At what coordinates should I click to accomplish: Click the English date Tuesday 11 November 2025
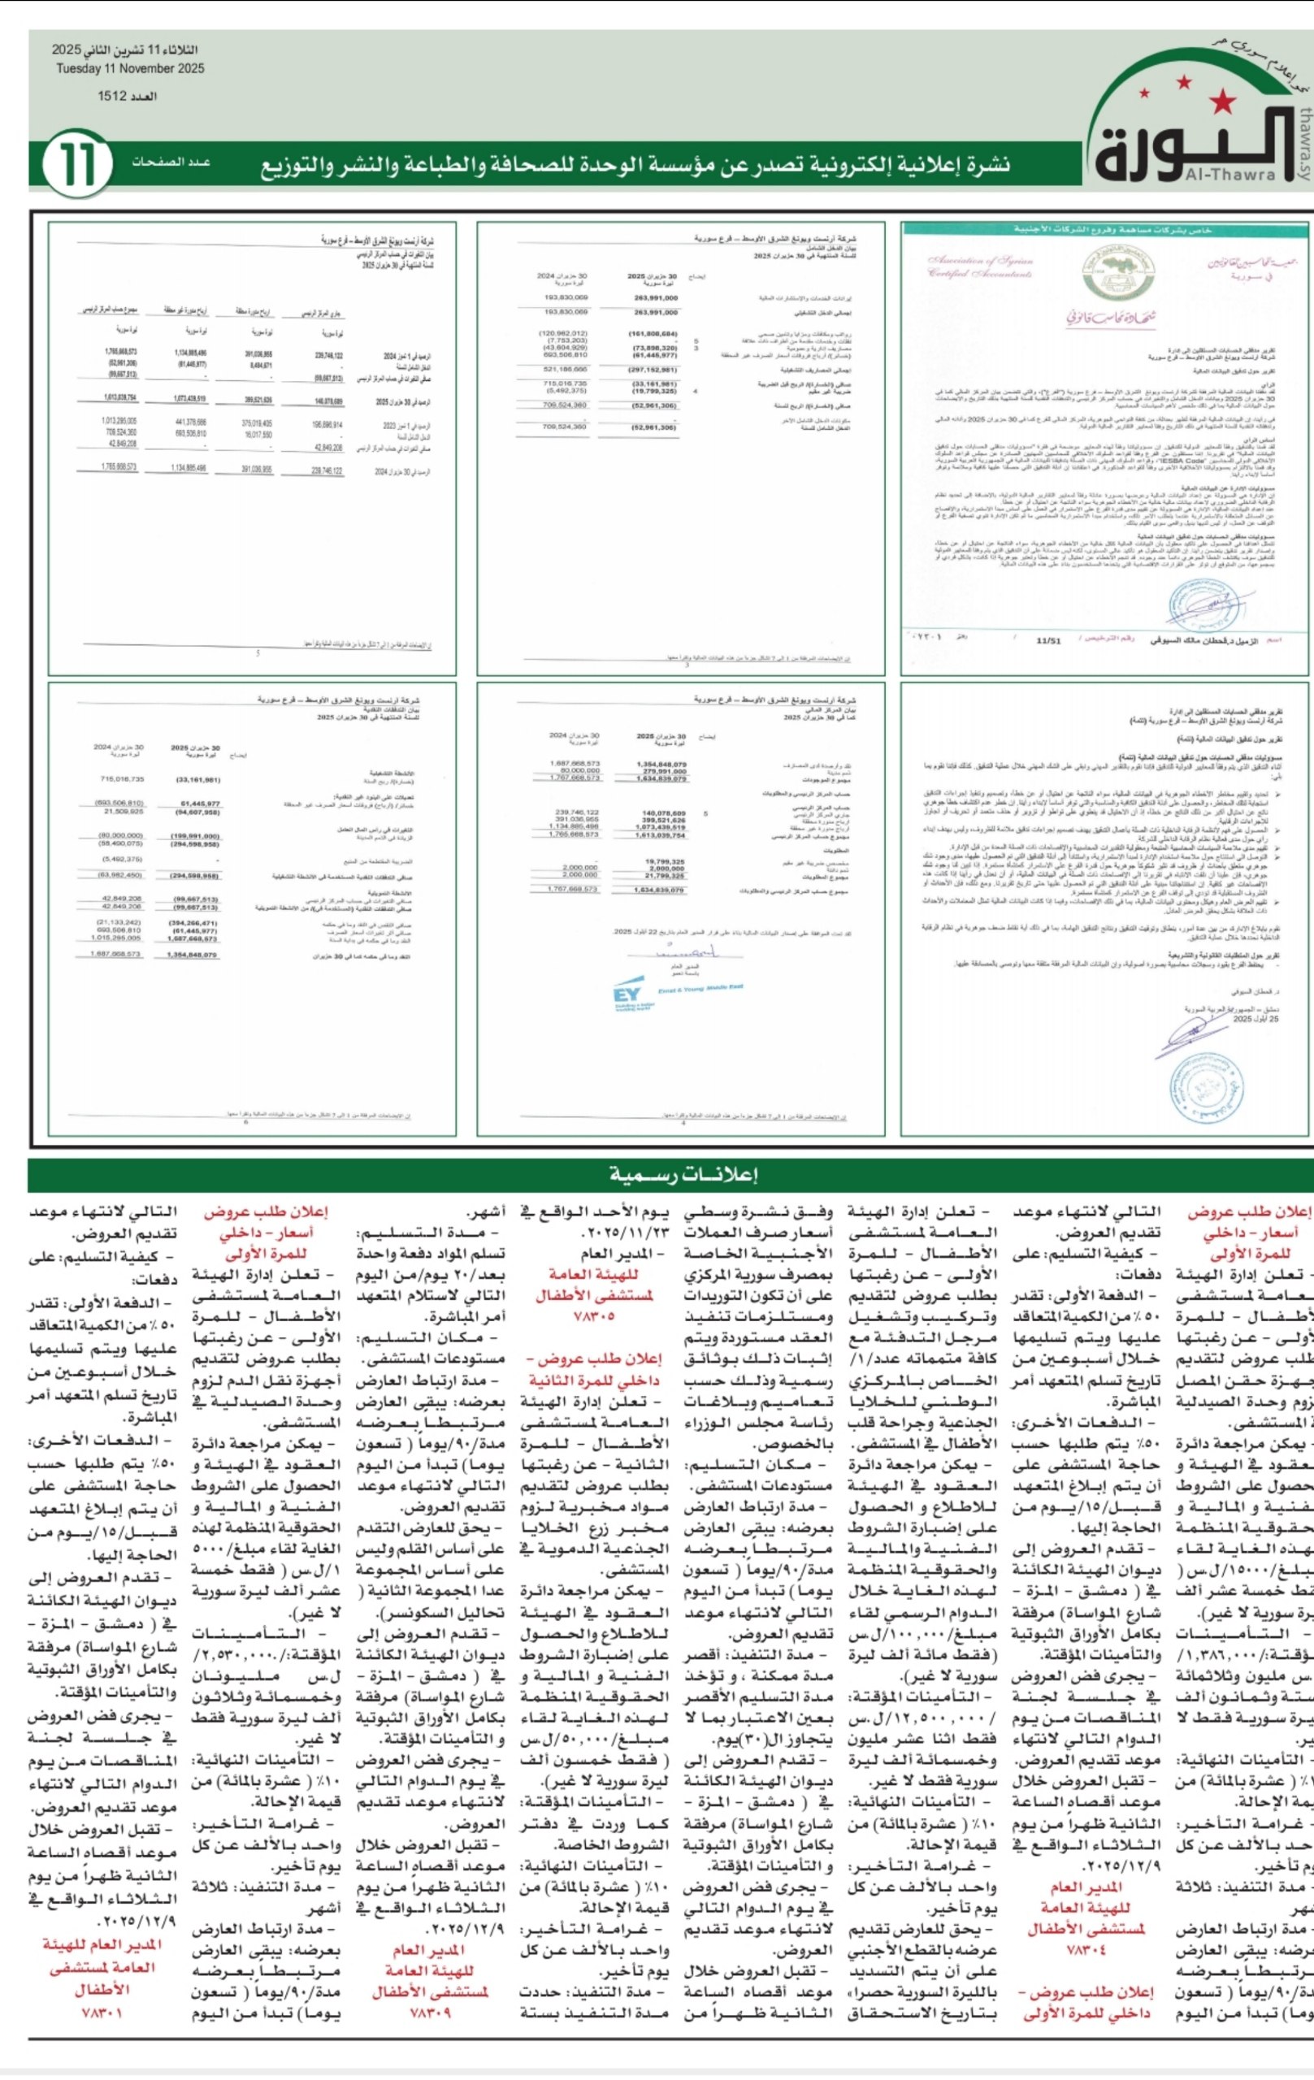point(131,69)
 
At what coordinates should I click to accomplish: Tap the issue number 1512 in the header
point(128,97)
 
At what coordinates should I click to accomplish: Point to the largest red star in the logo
point(1221,102)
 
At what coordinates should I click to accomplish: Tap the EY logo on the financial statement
point(627,994)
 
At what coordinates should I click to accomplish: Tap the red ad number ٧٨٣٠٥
point(593,1315)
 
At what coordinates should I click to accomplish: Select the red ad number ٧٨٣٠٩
point(430,2012)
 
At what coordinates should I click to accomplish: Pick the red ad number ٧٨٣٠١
point(101,2012)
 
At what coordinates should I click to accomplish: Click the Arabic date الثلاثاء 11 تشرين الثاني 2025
point(124,51)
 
